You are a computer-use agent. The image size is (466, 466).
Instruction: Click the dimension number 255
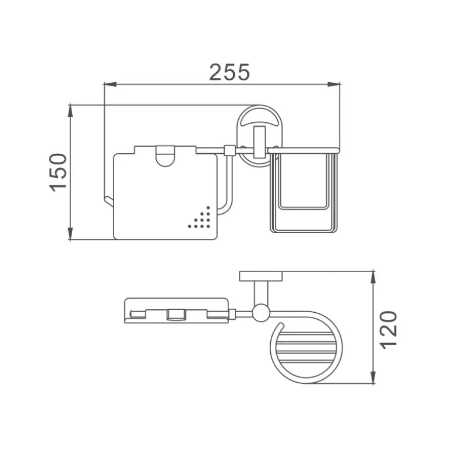[230, 72]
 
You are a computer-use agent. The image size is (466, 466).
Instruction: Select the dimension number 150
[59, 172]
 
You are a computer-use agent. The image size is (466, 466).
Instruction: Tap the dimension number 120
[390, 329]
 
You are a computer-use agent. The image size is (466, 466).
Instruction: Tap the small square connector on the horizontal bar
[230, 151]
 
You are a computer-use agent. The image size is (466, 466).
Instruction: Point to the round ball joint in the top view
[260, 314]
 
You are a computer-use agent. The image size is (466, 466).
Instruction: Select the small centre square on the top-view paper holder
[173, 315]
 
